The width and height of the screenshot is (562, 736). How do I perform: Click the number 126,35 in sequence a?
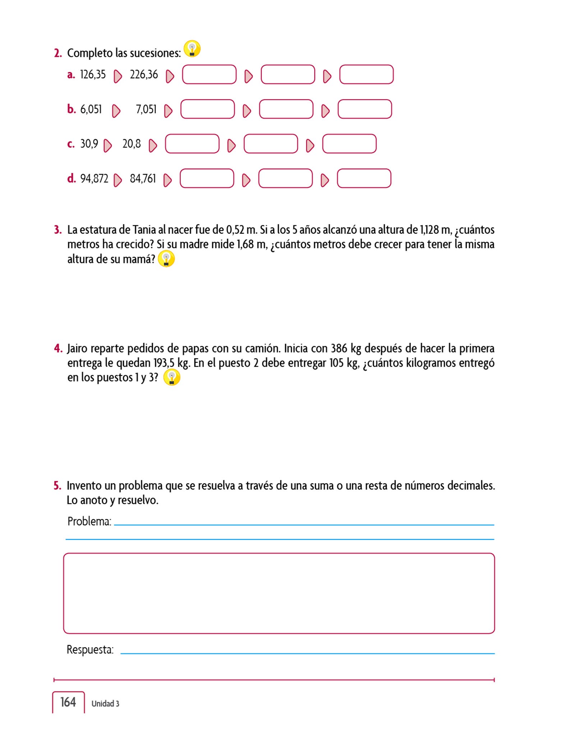[93, 75]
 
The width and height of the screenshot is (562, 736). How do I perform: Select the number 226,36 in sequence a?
[144, 75]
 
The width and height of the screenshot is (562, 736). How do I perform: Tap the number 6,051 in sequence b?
[91, 109]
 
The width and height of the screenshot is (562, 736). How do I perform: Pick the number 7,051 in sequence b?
[146, 109]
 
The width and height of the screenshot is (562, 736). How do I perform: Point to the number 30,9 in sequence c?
[89, 144]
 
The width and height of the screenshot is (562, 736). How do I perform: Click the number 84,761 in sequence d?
[143, 179]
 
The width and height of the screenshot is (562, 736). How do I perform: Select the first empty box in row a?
[209, 75]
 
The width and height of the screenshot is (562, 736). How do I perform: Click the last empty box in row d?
[364, 179]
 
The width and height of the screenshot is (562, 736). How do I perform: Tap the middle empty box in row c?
[271, 144]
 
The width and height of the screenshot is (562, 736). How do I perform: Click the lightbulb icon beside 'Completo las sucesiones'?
[192, 49]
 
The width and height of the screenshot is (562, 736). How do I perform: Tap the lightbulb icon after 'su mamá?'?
[166, 259]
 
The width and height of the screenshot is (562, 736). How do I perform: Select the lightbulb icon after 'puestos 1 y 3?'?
[172, 377]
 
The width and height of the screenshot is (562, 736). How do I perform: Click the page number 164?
[68, 702]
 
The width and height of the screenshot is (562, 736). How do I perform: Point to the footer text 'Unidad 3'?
[105, 704]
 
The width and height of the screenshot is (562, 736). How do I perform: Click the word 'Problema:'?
[89, 521]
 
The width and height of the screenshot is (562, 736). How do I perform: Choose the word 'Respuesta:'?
[90, 650]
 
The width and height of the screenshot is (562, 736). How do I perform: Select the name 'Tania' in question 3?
[144, 230]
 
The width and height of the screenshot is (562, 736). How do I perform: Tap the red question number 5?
[57, 486]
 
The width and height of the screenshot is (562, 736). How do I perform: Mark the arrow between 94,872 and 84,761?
[118, 180]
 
